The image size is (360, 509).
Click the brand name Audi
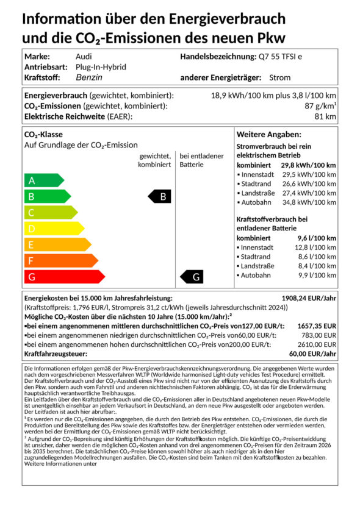coord(84,57)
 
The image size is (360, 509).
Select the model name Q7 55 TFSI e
coord(285,57)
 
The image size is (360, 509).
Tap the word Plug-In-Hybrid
coord(101,67)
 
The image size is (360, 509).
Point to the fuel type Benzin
coord(89,77)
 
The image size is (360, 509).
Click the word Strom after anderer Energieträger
coord(279,77)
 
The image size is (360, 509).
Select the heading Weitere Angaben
coord(268,134)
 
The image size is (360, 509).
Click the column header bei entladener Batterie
coord(201,160)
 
